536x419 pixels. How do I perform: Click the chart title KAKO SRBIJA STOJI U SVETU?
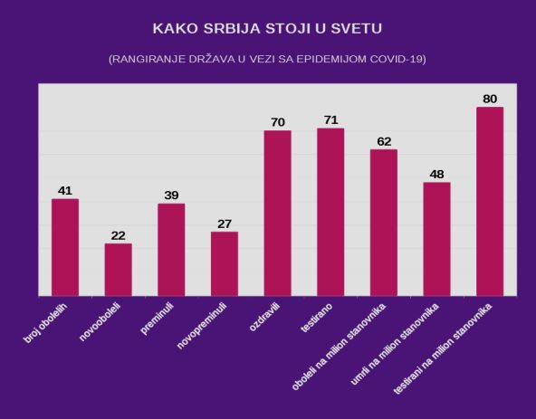pos(268,28)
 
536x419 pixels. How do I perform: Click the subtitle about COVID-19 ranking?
pos(268,60)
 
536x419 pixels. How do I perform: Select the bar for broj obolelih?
pos(65,247)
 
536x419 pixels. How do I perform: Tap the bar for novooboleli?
pos(119,269)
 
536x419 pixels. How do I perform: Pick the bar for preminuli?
pos(171,249)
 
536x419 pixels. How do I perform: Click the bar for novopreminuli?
pos(225,263)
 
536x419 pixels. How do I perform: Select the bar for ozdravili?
pos(277,213)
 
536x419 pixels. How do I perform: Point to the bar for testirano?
pos(330,212)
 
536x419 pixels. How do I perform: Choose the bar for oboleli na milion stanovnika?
pos(384,222)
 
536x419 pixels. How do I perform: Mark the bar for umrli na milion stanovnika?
pos(436,239)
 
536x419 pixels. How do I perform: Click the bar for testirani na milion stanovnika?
pos(490,201)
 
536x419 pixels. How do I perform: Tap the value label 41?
pos(65,191)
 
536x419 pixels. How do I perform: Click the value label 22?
pos(119,235)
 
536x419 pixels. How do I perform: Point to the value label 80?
pos(490,99)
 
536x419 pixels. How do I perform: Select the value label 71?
pos(330,120)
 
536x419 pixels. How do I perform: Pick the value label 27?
pos(225,224)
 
